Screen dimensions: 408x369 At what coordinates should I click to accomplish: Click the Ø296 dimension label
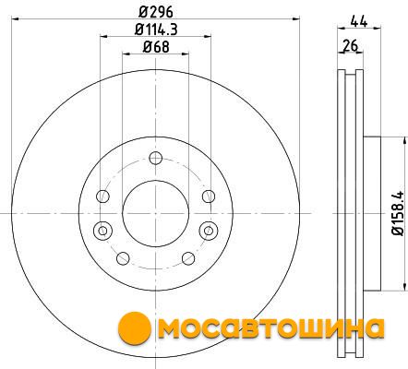[x=156, y=12]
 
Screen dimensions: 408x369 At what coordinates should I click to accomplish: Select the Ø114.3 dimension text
[x=156, y=30]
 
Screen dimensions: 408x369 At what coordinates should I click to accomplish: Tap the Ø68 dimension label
[x=156, y=47]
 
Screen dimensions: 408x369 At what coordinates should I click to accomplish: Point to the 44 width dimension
[x=359, y=21]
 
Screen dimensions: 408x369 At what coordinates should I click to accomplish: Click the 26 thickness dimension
[x=351, y=46]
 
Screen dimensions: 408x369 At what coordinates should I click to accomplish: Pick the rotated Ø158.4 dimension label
[x=398, y=213]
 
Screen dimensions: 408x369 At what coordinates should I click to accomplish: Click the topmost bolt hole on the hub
[x=156, y=159]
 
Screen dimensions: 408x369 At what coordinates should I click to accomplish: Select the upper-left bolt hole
[x=102, y=196]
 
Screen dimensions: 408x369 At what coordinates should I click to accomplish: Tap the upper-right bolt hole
[x=209, y=196]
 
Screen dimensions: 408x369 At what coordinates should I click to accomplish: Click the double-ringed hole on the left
[x=102, y=231]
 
